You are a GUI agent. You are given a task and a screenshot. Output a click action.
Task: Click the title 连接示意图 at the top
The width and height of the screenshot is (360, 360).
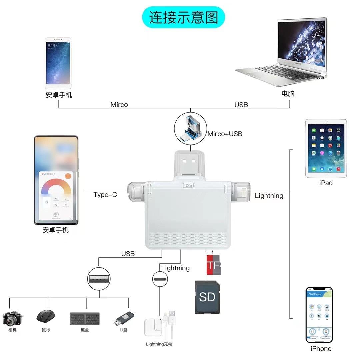pyautogui.click(x=183, y=17)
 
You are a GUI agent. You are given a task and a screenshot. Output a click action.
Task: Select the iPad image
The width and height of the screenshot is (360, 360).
pyautogui.click(x=326, y=148)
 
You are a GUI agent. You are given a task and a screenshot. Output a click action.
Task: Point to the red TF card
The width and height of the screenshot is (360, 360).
pyautogui.click(x=213, y=265)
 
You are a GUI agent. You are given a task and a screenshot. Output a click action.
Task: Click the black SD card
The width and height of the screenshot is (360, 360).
pyautogui.click(x=207, y=297)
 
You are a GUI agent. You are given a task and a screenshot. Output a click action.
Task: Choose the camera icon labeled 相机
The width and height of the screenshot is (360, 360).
pyautogui.click(x=12, y=318)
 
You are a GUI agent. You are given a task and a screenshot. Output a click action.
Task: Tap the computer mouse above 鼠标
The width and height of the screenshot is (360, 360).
pyautogui.click(x=46, y=316)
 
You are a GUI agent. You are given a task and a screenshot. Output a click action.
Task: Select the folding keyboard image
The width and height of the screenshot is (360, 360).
pyautogui.click(x=85, y=318)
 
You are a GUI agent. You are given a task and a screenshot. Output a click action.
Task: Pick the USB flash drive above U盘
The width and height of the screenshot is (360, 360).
pyautogui.click(x=124, y=318)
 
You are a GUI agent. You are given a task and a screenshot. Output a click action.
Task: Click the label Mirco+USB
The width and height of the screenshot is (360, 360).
pyautogui.click(x=225, y=134)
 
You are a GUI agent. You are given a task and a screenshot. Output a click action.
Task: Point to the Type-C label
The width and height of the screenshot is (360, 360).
pyautogui.click(x=105, y=195)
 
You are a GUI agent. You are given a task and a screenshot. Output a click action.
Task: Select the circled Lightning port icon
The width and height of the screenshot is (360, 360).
pyautogui.click(x=160, y=279)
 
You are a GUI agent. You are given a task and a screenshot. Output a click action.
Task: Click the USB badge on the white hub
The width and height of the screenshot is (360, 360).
pyautogui.click(x=188, y=185)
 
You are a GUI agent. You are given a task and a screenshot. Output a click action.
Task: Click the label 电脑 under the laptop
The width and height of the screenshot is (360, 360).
pyautogui.click(x=288, y=94)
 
